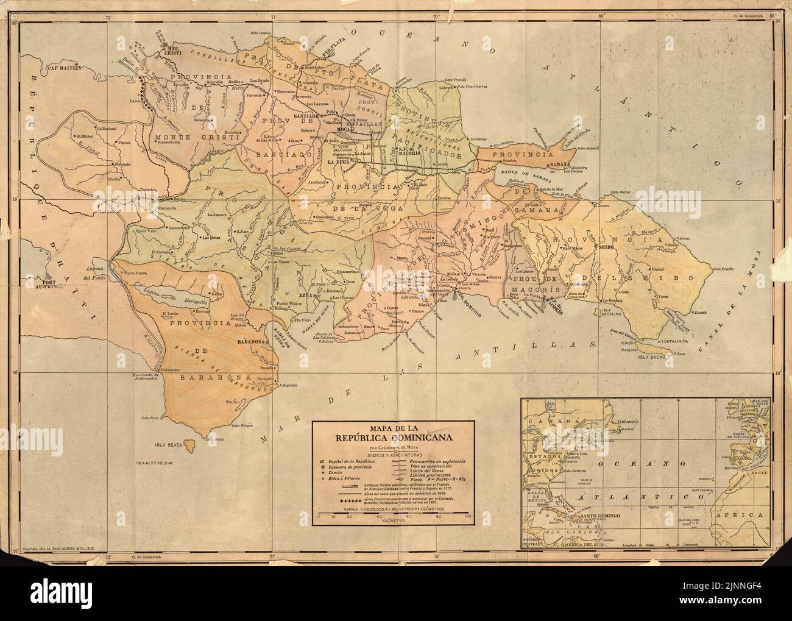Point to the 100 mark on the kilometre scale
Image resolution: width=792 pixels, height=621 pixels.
pyautogui.click(x=467, y=517)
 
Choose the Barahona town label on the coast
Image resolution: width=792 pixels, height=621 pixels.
pyautogui.click(x=251, y=342)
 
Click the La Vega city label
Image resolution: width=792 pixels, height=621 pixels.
pyautogui.click(x=339, y=163)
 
